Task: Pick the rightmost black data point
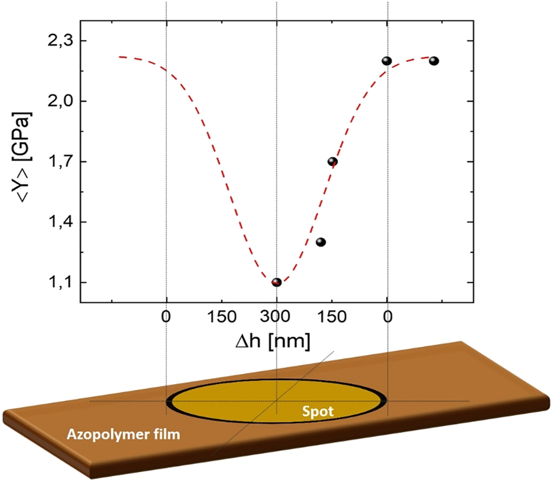[434, 61]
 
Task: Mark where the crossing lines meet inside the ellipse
[276, 401]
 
